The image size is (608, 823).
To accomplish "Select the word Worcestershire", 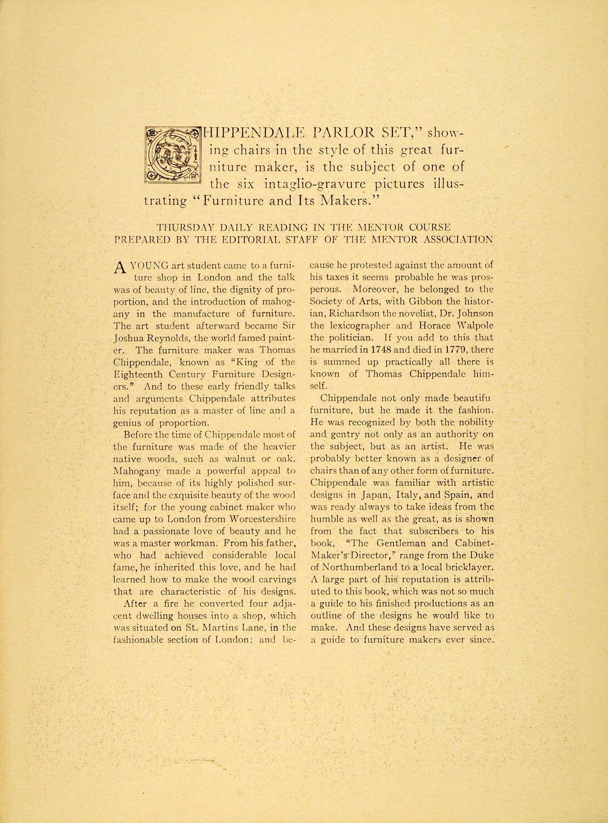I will [263, 519].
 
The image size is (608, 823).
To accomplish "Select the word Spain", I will [458, 495].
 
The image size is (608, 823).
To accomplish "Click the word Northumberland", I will [362, 568].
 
